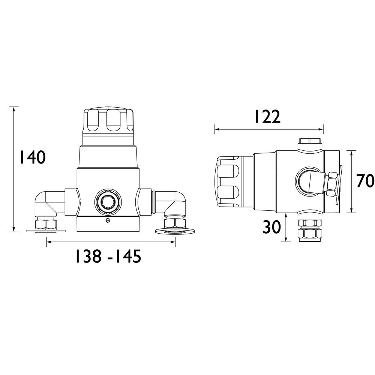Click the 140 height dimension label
click(x=33, y=157)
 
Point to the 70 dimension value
click(x=365, y=181)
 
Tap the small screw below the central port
click(x=108, y=220)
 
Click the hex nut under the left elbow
click(x=46, y=224)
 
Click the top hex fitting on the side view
click(x=310, y=143)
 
